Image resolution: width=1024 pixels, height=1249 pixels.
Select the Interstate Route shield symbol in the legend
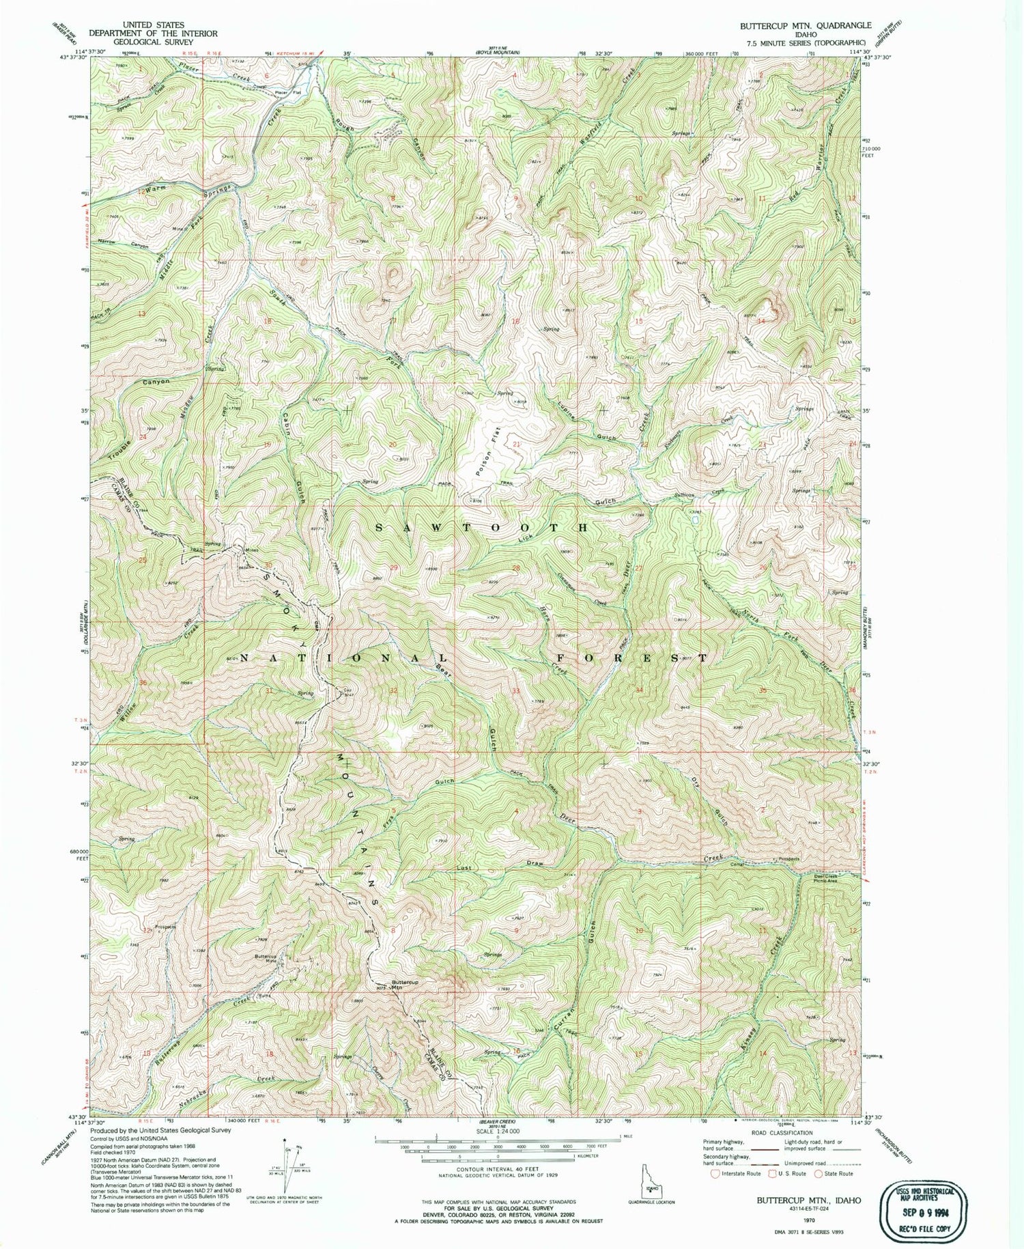point(715,1173)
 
